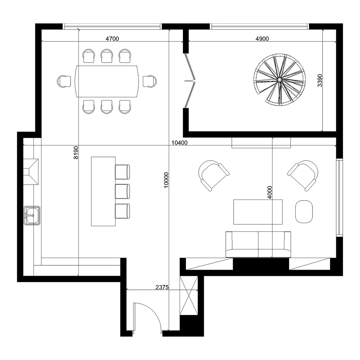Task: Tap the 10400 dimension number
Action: coord(179,143)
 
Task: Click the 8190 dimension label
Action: coord(75,153)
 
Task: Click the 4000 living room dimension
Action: coord(270,192)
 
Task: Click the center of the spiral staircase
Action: coord(279,80)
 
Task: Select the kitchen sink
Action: coord(32,216)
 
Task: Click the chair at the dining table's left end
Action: coord(64,81)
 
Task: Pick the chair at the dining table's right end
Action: coord(149,81)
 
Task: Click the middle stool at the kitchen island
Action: coord(122,191)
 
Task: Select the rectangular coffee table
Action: coord(258,212)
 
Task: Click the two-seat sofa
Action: coord(258,244)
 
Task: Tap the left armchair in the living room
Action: coord(212,175)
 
